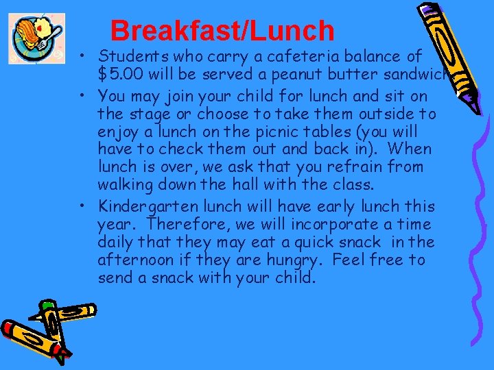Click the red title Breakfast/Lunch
222,31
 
